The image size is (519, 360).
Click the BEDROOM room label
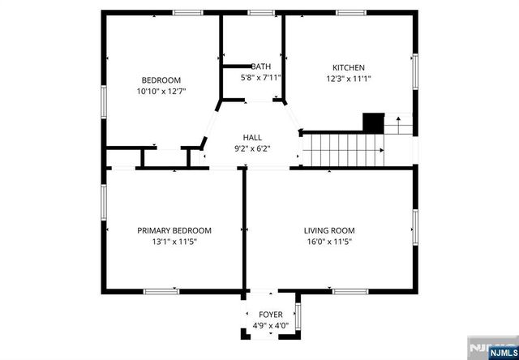(161, 79)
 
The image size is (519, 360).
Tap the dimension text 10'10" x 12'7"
(161, 91)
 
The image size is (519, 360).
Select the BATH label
(261, 66)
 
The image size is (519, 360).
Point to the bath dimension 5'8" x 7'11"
(261, 78)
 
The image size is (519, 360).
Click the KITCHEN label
(349, 67)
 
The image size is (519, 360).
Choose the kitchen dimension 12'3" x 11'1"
(349, 79)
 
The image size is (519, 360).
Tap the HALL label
(252, 137)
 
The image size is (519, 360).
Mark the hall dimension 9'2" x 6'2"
(252, 148)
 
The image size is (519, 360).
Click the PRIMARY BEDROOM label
(174, 230)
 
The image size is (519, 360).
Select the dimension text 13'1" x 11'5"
(174, 242)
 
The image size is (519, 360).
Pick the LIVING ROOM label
(329, 230)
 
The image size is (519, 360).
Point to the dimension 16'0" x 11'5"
(329, 242)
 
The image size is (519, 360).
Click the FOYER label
(270, 314)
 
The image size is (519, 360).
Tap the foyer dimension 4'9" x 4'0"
(270, 325)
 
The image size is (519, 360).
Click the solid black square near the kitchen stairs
(372, 122)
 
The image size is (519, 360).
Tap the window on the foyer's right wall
(298, 316)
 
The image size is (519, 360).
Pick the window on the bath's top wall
(260, 12)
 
